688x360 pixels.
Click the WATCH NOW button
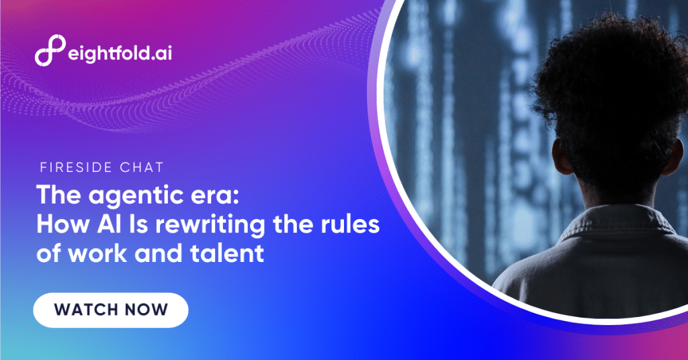point(111,310)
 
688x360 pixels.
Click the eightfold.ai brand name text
point(118,53)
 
